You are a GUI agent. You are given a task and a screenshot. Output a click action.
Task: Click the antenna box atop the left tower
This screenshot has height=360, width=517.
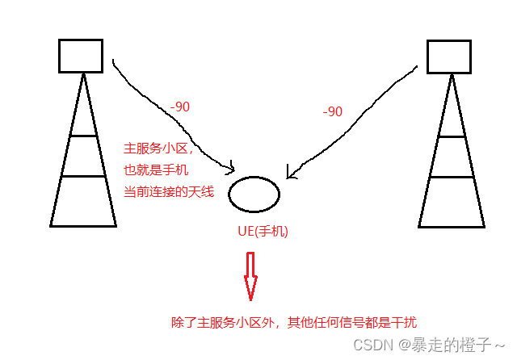(81, 55)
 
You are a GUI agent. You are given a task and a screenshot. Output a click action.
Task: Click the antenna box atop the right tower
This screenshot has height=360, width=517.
(449, 57)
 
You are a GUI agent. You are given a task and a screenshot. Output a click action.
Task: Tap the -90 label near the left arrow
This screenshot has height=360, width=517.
(181, 106)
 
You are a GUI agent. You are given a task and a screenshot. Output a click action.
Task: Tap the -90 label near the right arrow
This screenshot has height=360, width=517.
(333, 111)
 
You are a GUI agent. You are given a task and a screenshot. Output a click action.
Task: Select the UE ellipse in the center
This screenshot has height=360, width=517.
(254, 194)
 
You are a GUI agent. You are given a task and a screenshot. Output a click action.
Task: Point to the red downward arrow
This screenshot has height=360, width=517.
(250, 274)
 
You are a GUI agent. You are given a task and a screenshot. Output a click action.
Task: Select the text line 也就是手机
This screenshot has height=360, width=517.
(154, 170)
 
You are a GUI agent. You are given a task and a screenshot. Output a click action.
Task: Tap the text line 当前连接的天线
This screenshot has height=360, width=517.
(168, 191)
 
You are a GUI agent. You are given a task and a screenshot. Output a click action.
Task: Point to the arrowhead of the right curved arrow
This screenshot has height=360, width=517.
(291, 174)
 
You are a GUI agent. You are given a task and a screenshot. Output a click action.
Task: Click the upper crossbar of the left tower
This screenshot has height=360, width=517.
(81, 136)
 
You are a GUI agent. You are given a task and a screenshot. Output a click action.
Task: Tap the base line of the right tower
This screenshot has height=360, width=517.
(451, 226)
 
